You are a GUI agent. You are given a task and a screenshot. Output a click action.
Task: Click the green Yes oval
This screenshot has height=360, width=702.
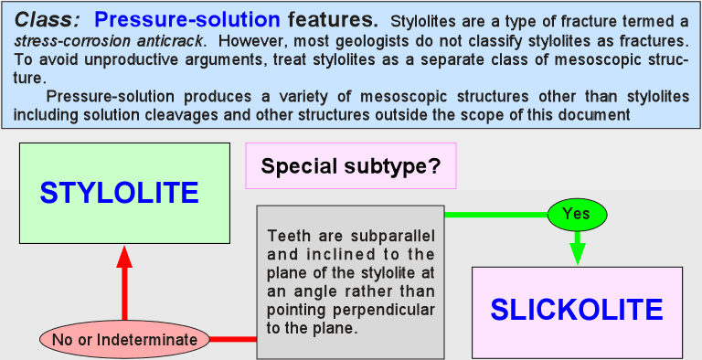click(577, 214)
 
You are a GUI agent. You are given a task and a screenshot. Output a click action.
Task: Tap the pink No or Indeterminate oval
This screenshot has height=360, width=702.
click(124, 339)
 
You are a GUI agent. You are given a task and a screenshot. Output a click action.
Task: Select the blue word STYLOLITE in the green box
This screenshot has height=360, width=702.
click(119, 193)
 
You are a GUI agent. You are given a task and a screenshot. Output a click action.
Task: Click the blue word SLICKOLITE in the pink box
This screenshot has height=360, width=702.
click(577, 310)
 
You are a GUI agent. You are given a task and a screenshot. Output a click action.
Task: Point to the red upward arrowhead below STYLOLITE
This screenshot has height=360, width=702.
click(124, 257)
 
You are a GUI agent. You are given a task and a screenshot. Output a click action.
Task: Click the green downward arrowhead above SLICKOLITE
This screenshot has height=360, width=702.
click(577, 254)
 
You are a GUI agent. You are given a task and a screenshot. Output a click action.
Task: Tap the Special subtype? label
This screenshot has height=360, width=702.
click(351, 166)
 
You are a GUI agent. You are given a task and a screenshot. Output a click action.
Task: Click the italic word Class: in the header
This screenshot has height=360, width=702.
click(48, 20)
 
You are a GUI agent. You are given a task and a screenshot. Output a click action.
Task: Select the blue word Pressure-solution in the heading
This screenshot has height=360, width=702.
click(187, 19)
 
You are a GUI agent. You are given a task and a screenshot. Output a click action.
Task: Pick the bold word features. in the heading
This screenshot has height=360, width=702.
click(333, 19)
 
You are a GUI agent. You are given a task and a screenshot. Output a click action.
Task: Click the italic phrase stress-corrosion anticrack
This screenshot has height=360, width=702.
click(110, 41)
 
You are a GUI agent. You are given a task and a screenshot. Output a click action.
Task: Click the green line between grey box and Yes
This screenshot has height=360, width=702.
click(496, 215)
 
